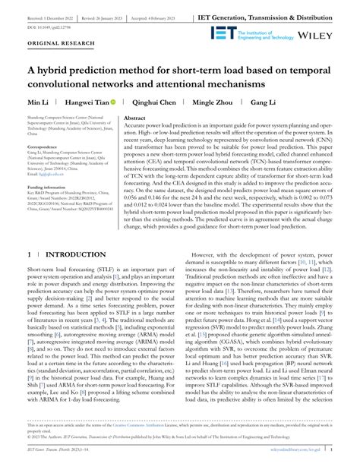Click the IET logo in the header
point(220,33)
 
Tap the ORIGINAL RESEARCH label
point(56,43)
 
